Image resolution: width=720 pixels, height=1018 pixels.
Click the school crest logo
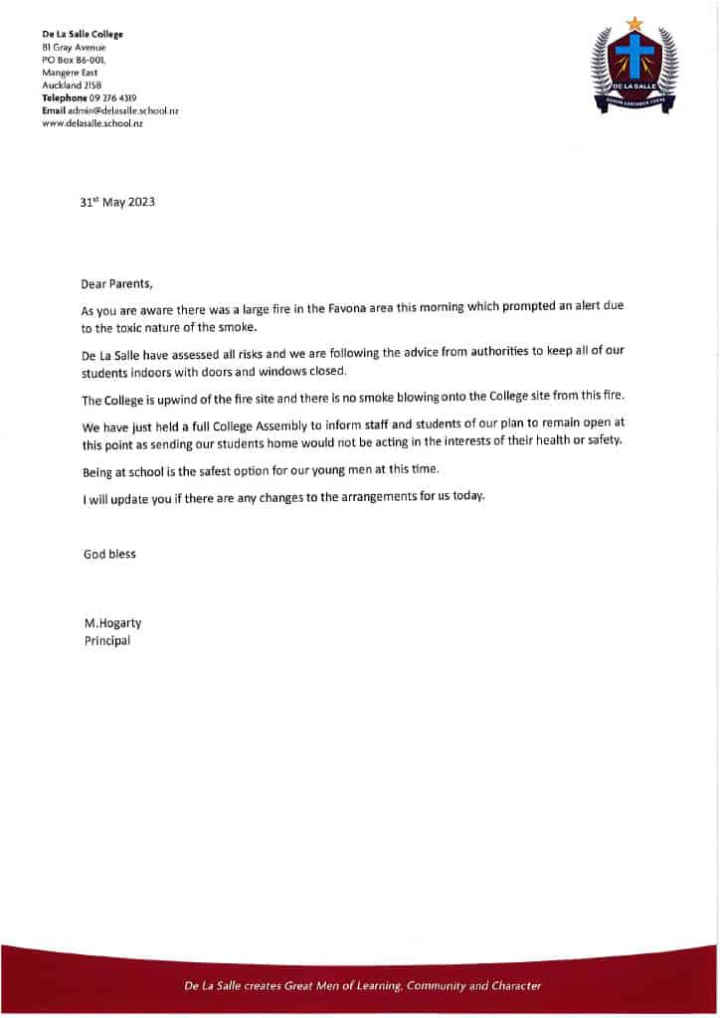pos(634,68)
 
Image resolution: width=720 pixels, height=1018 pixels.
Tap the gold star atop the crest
pos(634,23)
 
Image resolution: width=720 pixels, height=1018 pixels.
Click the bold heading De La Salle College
pos(83,35)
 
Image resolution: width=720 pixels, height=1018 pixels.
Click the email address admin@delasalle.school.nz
pos(122,110)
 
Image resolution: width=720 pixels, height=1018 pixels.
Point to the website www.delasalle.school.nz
pos(92,123)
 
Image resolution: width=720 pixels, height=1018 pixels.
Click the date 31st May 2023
pos(117,202)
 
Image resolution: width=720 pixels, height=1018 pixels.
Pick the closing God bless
pos(109,554)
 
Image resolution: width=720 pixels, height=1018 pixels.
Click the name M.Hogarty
pos(112,623)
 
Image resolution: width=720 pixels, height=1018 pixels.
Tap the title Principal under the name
pos(106,641)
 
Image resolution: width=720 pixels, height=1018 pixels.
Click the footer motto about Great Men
pos(362,985)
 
